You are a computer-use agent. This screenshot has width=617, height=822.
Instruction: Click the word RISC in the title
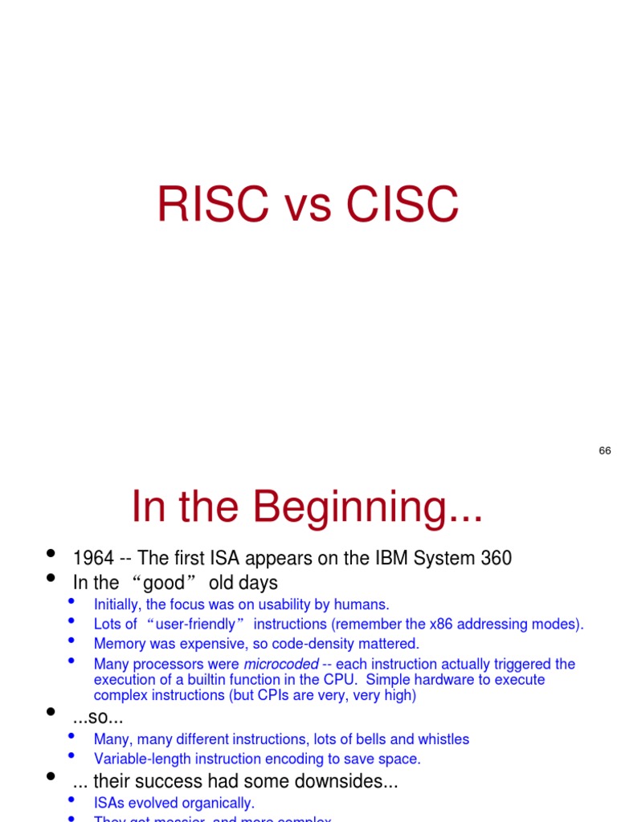click(x=212, y=205)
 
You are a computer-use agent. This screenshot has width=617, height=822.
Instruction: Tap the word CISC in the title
click(x=402, y=205)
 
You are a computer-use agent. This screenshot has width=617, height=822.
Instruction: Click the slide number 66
click(x=605, y=451)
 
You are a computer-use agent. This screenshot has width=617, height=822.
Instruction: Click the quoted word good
click(x=164, y=583)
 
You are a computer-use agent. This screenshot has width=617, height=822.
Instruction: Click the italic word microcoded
click(x=281, y=664)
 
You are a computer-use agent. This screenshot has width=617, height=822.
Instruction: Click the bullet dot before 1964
click(x=51, y=554)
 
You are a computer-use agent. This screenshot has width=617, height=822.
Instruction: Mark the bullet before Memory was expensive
click(x=72, y=641)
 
